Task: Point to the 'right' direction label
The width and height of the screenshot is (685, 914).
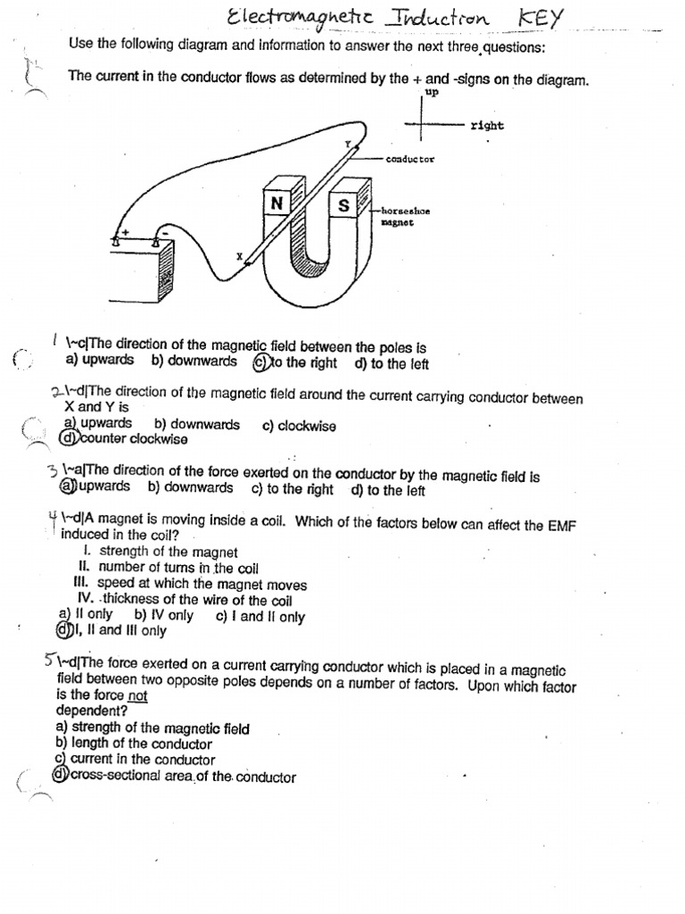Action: (x=487, y=126)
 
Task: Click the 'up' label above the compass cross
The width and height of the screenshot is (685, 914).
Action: (x=433, y=92)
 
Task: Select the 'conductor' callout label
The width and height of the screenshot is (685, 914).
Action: (x=409, y=159)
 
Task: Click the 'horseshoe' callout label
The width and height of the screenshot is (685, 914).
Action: (x=406, y=211)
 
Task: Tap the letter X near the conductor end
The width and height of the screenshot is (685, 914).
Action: (x=239, y=257)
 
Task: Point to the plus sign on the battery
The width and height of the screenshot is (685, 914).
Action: (x=126, y=231)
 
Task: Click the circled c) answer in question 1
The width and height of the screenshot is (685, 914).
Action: (x=260, y=362)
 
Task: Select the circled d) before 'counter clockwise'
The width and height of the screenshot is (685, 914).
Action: (x=66, y=439)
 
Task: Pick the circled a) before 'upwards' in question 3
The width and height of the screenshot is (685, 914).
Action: (x=66, y=487)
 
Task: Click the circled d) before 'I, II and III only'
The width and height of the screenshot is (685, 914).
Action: (x=62, y=631)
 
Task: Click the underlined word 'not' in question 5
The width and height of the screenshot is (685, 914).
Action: (x=136, y=695)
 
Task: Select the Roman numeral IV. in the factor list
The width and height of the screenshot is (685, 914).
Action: (x=87, y=600)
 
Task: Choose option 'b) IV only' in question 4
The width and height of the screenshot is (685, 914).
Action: (x=163, y=616)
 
